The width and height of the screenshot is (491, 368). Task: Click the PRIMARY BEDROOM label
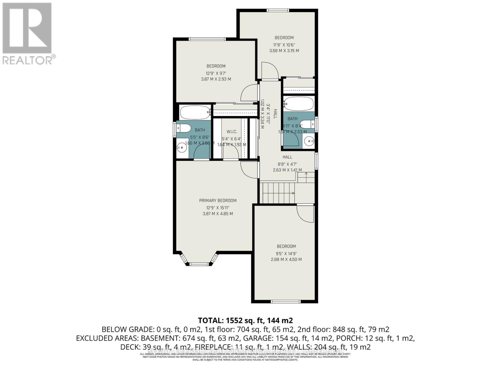click(218, 201)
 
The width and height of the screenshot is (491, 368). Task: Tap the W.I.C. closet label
click(232, 132)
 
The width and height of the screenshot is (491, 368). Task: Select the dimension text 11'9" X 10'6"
click(284, 44)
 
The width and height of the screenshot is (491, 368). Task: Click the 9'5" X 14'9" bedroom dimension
click(286, 254)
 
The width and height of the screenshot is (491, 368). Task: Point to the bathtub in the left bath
click(195, 113)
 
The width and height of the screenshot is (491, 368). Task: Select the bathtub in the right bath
click(298, 104)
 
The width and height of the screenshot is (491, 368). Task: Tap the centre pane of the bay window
click(199, 264)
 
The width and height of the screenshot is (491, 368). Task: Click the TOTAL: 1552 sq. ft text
click(245, 320)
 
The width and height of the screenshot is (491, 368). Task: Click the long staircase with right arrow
click(278, 193)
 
